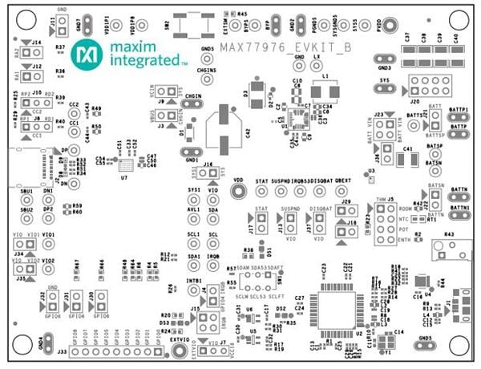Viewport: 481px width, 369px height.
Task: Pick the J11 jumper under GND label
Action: [x=61, y=24]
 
